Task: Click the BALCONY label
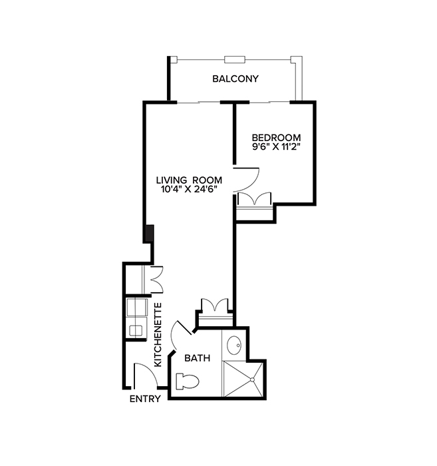pos(235,79)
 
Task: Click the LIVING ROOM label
pos(189,180)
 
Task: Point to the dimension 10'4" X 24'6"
pos(189,189)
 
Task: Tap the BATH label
pos(197,358)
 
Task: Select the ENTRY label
pos(144,399)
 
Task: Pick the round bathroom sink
pos(234,346)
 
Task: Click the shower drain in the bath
pos(253,379)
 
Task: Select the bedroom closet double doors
pos(255,200)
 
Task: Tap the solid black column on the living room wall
pos(150,234)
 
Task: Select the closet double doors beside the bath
pos(214,308)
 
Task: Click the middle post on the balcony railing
pos(235,59)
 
